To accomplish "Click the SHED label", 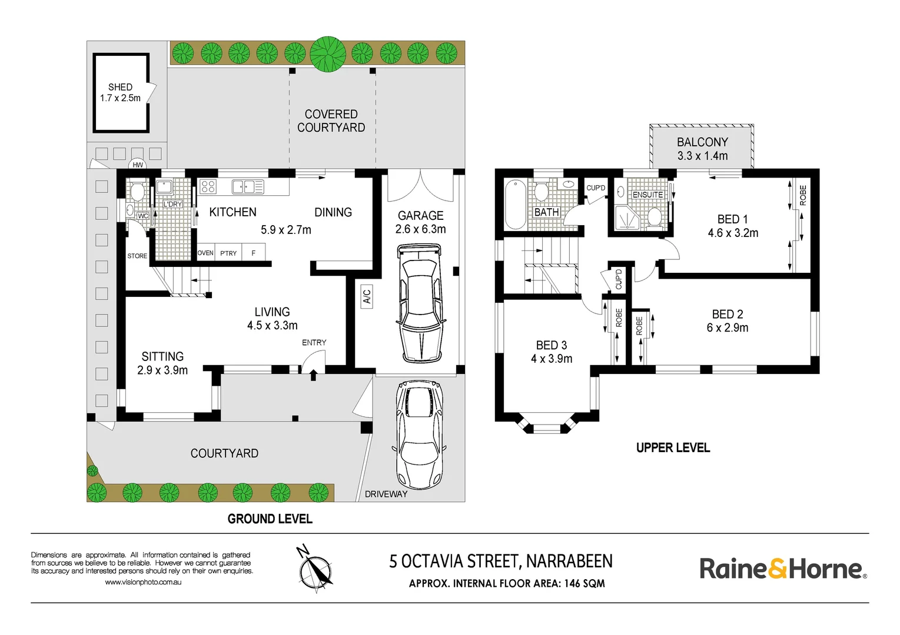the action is click(x=120, y=87).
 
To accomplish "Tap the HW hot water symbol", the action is click(x=137, y=165).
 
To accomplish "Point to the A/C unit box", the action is click(x=367, y=297).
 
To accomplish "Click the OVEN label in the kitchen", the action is click(x=205, y=253).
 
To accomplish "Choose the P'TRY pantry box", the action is click(x=228, y=252).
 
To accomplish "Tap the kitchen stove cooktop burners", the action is click(x=208, y=186).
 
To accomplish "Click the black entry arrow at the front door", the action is click(x=313, y=375).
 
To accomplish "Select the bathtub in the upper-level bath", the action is click(x=514, y=204).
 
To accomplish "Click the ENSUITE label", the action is click(x=647, y=195).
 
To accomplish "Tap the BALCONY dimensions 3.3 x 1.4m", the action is click(x=702, y=156).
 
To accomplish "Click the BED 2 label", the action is click(x=727, y=314).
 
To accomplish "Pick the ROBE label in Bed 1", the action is click(x=803, y=195).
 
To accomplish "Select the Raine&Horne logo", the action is click(x=783, y=569).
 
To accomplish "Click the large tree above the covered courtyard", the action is click(x=328, y=54).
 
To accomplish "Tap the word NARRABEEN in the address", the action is click(x=569, y=561).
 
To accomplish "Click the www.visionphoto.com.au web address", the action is click(x=143, y=582).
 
